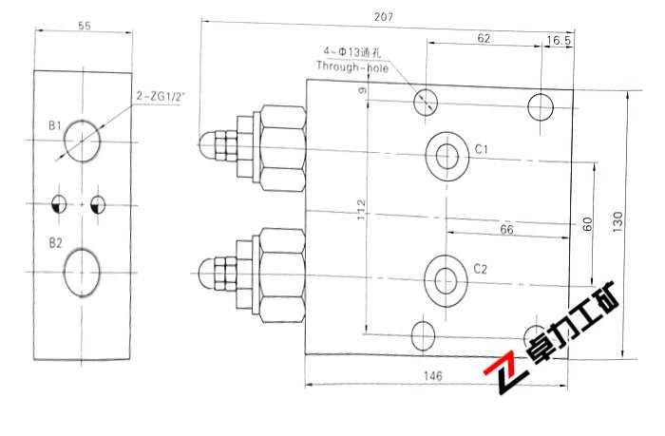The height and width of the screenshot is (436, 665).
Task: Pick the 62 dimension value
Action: point(484,39)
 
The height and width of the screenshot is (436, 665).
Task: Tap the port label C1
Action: point(482,150)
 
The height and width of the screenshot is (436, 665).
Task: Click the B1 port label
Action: point(56,125)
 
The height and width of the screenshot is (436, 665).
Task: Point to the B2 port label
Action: point(56,243)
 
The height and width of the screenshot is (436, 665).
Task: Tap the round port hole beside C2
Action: point(444,277)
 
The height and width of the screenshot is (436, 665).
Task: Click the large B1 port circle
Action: point(83,142)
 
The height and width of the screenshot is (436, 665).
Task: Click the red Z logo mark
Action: point(504,376)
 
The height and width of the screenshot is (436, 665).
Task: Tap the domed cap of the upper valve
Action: point(206,145)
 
